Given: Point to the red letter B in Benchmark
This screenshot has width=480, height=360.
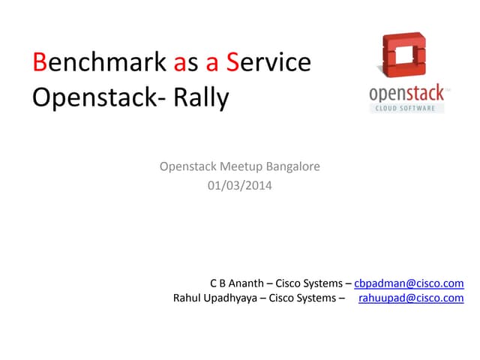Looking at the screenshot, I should [x=40, y=62].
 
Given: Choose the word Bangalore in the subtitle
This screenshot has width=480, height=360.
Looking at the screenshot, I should [x=292, y=166].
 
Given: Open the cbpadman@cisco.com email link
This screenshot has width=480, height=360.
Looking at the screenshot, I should [x=409, y=283].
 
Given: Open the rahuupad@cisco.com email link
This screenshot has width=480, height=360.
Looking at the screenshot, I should [x=411, y=298].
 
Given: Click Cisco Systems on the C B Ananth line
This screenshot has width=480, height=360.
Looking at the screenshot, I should [x=307, y=283].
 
